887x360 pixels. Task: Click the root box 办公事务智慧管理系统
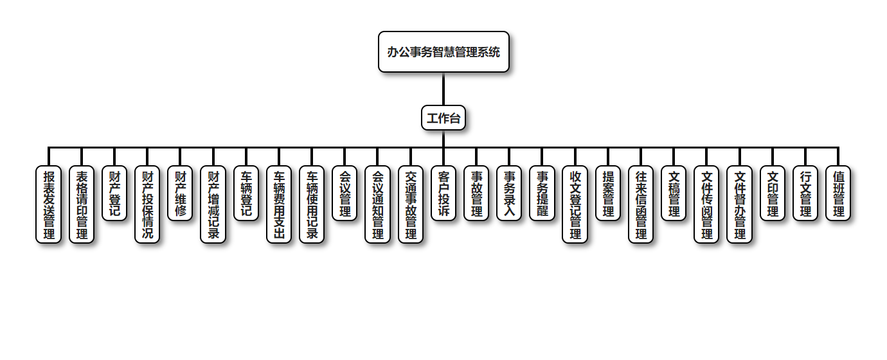tap(443, 52)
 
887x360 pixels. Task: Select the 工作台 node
tap(443, 118)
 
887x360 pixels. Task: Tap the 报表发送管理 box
tap(49, 204)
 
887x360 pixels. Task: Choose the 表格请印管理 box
tap(82, 204)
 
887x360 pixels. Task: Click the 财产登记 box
tap(114, 194)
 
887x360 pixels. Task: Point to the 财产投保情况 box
tap(147, 204)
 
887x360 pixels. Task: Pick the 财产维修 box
tap(180, 194)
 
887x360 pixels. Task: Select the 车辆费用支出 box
tap(279, 204)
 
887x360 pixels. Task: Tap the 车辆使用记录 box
tap(312, 204)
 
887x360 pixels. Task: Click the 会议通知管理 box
tap(378, 204)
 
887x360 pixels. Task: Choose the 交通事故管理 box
tap(411, 204)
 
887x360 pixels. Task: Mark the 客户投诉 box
tap(443, 194)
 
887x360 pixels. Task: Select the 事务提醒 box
tap(542, 194)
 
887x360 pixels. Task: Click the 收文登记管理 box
tap(575, 204)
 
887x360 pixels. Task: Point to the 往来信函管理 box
tap(641, 204)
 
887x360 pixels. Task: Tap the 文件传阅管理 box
tap(707, 204)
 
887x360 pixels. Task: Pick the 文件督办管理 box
tap(740, 204)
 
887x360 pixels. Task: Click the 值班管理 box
tap(838, 194)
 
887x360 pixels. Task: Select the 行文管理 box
tap(805, 194)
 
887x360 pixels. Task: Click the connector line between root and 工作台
tap(443, 89)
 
